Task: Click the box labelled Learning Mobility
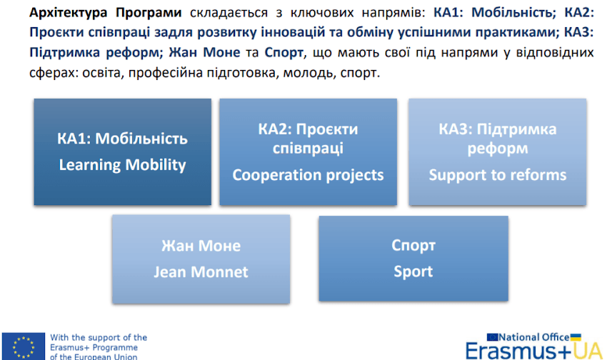click(x=122, y=151)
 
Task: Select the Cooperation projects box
click(x=308, y=151)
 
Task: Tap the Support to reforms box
click(x=498, y=151)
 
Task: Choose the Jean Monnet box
click(x=201, y=259)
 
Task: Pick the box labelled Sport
click(x=413, y=258)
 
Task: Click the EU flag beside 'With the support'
click(x=24, y=346)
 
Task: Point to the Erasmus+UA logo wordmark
click(x=534, y=351)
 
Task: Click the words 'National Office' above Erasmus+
click(x=534, y=337)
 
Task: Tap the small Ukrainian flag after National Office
click(x=576, y=337)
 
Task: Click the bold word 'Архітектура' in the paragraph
click(x=68, y=12)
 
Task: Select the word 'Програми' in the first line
click(x=149, y=13)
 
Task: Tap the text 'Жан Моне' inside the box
click(x=201, y=246)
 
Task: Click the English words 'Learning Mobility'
click(x=122, y=165)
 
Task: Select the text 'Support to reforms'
click(x=498, y=175)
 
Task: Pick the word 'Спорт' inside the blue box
click(x=413, y=246)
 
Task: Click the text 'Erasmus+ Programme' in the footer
click(x=94, y=347)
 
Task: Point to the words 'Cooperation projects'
click(x=308, y=175)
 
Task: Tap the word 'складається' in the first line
click(x=229, y=13)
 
